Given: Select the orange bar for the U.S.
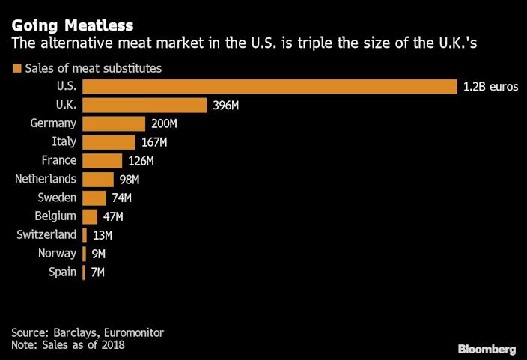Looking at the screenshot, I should (x=269, y=87).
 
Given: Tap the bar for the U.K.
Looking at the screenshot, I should (x=144, y=106).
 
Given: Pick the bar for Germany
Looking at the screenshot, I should (x=114, y=123).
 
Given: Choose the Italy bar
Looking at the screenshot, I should (x=109, y=142).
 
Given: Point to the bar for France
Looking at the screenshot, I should (x=102, y=161).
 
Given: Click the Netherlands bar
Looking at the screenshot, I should (x=98, y=180).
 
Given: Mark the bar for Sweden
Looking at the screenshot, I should (x=94, y=198).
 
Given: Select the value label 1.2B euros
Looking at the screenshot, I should (x=490, y=87).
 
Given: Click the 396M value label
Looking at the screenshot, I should (x=225, y=106).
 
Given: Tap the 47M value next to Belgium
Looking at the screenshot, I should (x=113, y=216).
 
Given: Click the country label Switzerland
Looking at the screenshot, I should (x=46, y=235).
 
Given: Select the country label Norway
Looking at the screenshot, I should (x=57, y=254).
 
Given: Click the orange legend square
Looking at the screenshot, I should (x=16, y=69).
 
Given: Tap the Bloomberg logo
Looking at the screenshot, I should (x=487, y=350).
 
